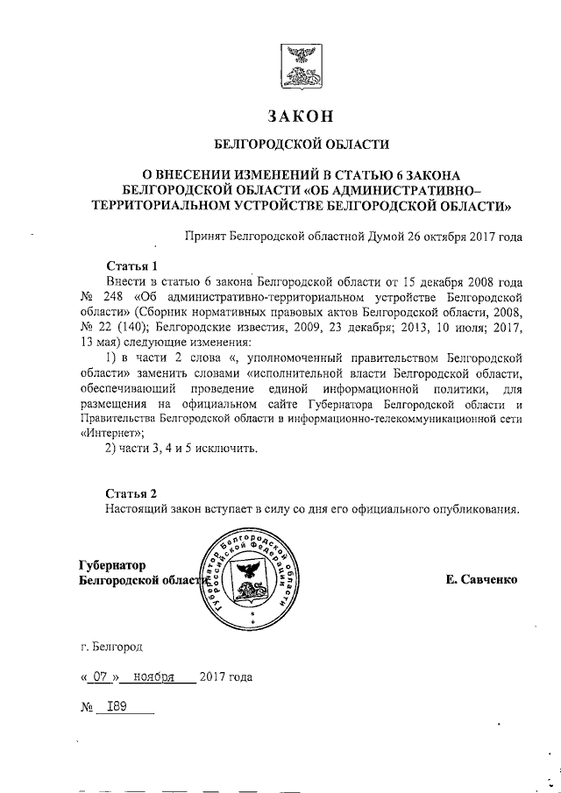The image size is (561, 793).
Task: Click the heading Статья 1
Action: [x=131, y=266]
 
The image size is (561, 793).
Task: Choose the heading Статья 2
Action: [x=131, y=492]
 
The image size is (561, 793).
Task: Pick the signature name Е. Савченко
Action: [x=481, y=579]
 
